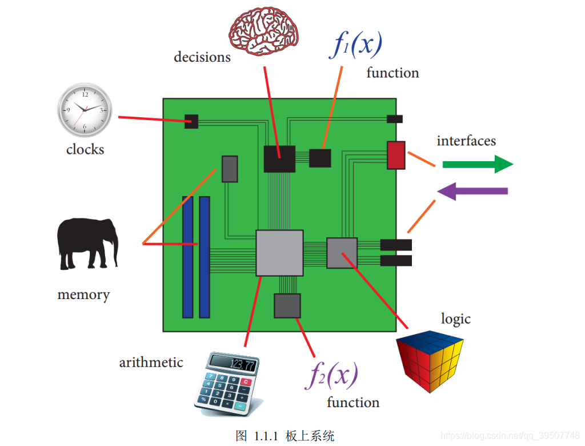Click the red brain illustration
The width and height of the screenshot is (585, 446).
point(265,31)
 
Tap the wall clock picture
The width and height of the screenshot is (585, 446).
point(85,110)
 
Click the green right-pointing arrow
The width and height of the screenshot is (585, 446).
point(478,164)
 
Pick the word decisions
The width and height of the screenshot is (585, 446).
point(202,57)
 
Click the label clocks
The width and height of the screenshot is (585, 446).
point(85,150)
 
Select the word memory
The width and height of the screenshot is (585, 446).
point(83,295)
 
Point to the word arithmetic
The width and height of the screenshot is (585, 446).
point(151,362)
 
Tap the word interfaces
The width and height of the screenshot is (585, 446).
point(466,141)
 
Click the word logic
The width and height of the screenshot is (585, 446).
point(456,319)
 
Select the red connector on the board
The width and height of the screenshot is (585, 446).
point(396,155)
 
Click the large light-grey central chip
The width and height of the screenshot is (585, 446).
point(279,253)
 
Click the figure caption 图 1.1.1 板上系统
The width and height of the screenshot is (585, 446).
point(285,436)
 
